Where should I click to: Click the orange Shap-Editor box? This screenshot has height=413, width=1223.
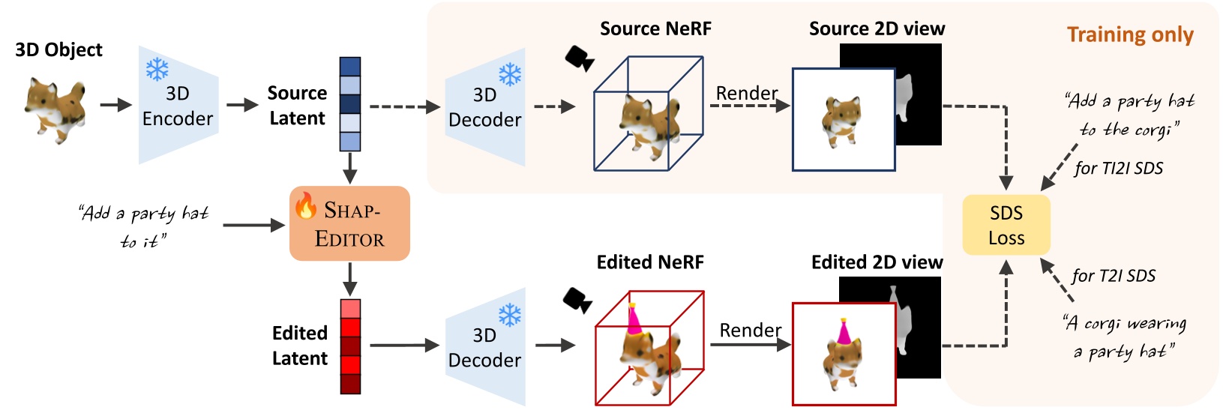tap(349, 223)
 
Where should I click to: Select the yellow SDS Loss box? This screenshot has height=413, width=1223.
tap(1006, 225)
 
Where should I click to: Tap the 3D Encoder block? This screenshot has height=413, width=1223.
tap(178, 106)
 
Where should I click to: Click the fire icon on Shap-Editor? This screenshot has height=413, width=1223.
tap(305, 205)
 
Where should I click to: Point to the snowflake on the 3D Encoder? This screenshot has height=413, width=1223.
tap(157, 69)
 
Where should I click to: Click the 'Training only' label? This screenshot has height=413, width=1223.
tap(1129, 35)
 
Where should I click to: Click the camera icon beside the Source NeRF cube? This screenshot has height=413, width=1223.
tap(579, 58)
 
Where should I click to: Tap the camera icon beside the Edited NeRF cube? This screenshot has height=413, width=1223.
tap(577, 300)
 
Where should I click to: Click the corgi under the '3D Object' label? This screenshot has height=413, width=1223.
tap(55, 107)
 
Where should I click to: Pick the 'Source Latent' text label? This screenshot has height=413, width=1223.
tap(297, 106)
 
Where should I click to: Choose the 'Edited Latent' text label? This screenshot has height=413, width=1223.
tap(299, 346)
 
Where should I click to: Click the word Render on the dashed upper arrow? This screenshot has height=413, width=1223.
tap(746, 93)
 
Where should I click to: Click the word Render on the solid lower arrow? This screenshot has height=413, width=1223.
tap(750, 330)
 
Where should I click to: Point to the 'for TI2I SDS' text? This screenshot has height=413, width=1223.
tap(1118, 169)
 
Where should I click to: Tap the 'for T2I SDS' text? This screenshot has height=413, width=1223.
tap(1113, 276)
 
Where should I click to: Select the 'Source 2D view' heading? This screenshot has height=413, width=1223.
tap(877, 29)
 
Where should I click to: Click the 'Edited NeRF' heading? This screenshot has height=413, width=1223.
tap(649, 262)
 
